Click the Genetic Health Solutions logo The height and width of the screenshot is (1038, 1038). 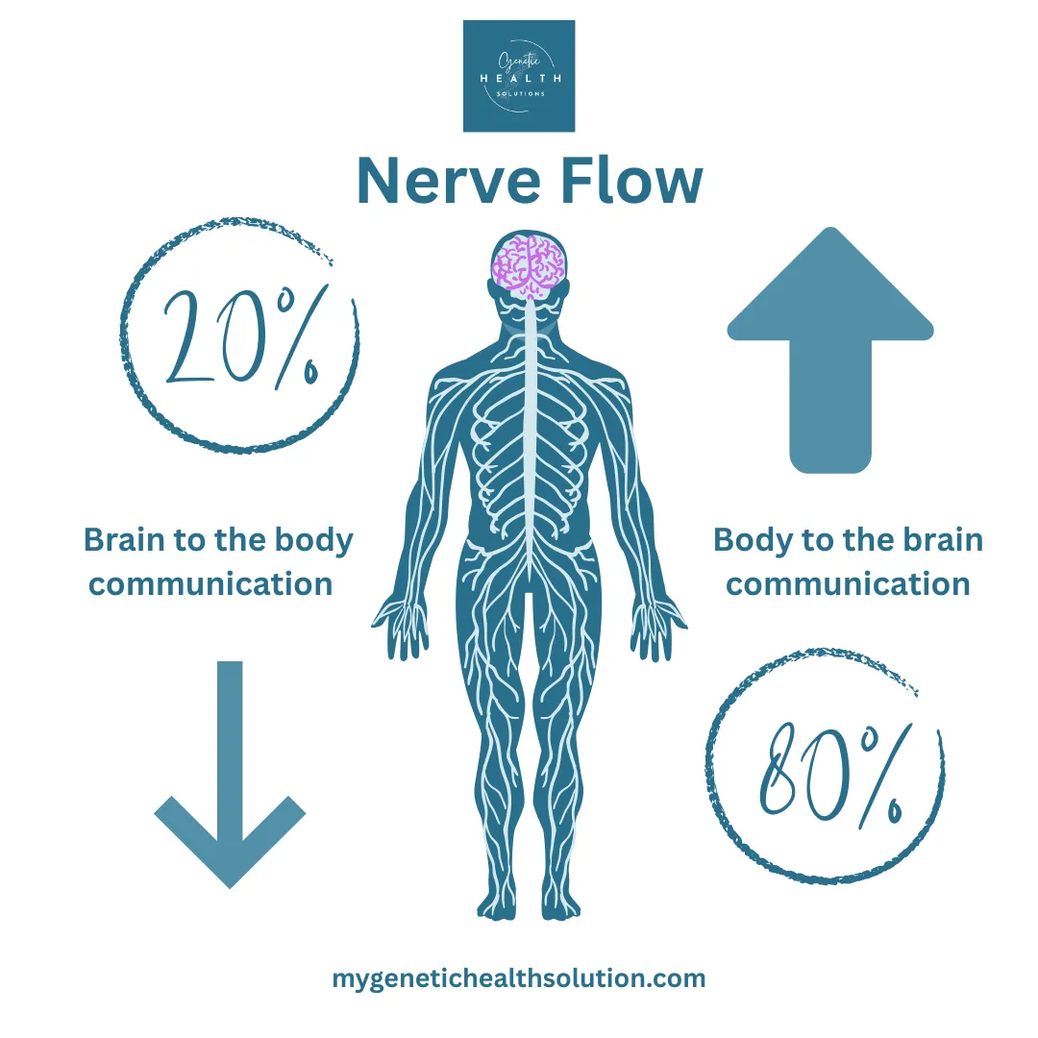[519, 76]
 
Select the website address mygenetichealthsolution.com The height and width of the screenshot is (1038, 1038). [519, 978]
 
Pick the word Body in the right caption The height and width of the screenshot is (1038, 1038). [751, 540]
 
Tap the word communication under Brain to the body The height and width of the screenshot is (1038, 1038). [211, 583]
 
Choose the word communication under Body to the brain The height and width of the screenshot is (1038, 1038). [849, 583]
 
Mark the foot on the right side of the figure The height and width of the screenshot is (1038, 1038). [560, 903]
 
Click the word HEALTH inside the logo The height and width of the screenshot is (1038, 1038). [519, 78]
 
